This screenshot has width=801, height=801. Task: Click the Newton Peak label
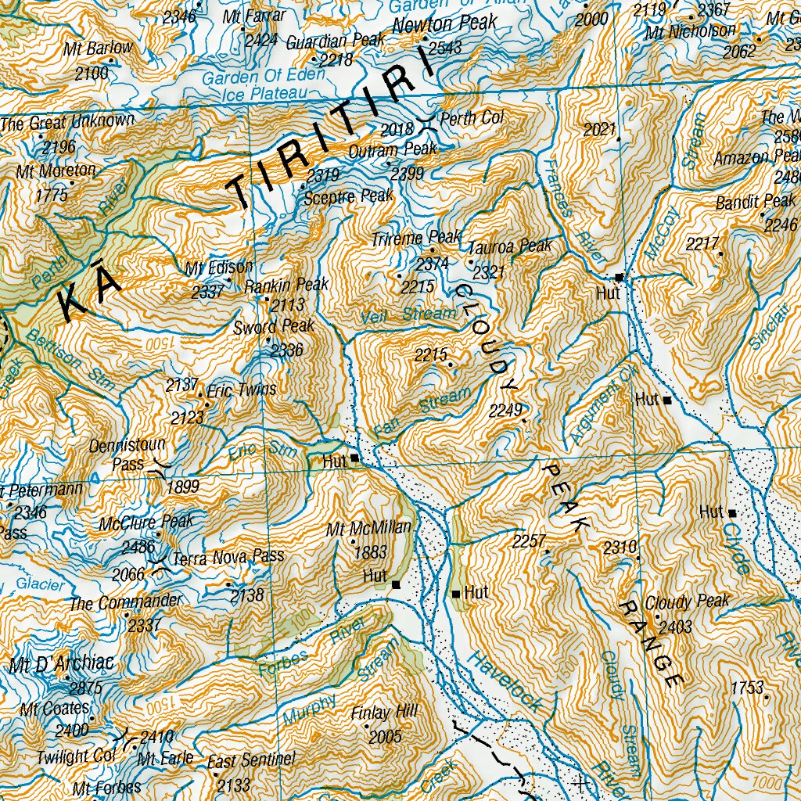tap(444, 25)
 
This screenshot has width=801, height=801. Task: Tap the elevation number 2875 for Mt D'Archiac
tap(85, 688)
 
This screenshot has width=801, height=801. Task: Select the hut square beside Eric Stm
tap(354, 458)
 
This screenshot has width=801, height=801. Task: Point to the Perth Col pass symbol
tap(427, 121)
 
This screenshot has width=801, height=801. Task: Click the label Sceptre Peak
tap(350, 196)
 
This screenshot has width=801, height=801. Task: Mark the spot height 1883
tap(370, 552)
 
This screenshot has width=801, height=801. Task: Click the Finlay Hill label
tap(385, 713)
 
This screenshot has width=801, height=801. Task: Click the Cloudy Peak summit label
tap(687, 602)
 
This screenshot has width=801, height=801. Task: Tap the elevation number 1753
tap(747, 688)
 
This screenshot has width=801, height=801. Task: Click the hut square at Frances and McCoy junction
tap(619, 277)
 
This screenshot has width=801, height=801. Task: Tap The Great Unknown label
tap(67, 122)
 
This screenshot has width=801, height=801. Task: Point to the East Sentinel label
tap(251, 760)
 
